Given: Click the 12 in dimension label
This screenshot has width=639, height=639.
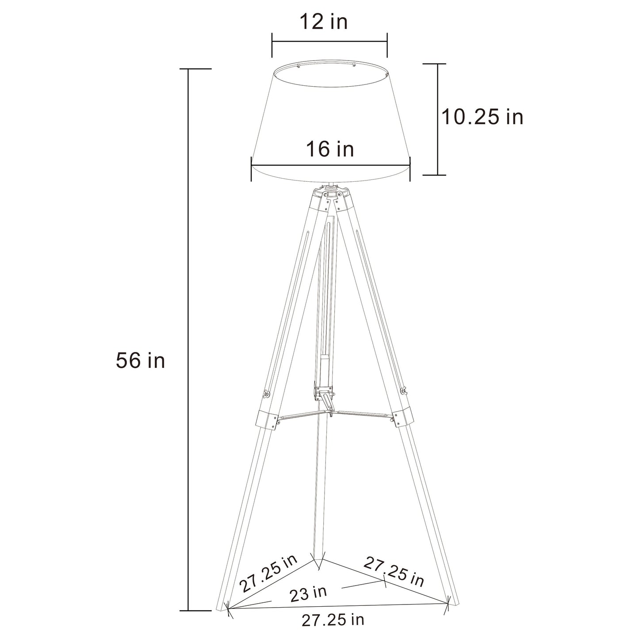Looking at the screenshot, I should (324, 22).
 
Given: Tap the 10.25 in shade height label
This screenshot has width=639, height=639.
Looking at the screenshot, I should (482, 117).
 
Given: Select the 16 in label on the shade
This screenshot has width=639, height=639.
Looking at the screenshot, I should (330, 149).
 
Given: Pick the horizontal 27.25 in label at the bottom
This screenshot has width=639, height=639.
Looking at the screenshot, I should (333, 620).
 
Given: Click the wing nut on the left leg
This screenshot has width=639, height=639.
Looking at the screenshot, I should (266, 393).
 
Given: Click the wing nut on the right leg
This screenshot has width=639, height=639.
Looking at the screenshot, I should (402, 390).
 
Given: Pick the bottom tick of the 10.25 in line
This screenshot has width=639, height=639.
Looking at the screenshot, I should (438, 175).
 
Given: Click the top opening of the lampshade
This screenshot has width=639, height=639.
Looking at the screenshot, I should (329, 73).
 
